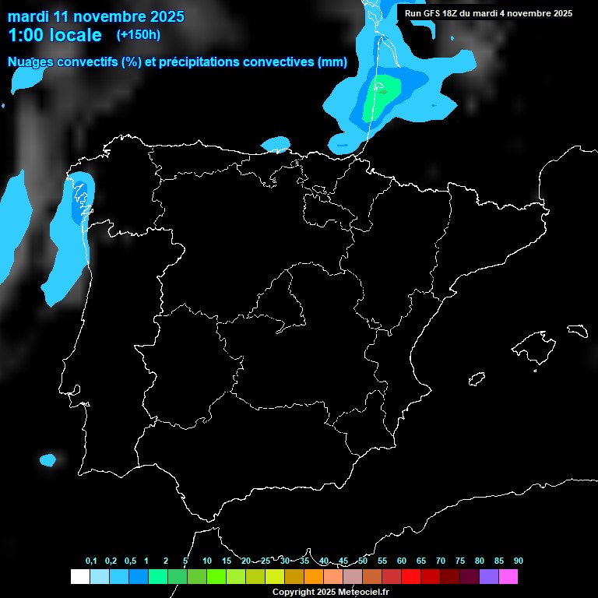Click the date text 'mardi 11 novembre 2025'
pyautogui.click(x=96, y=16)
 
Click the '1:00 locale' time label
pyautogui.click(x=55, y=35)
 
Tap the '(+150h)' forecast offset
pyautogui.click(x=138, y=35)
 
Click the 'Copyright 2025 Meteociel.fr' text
pyautogui.click(x=330, y=592)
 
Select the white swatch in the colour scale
pyautogui.click(x=79, y=577)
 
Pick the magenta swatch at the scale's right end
pyautogui.click(x=508, y=577)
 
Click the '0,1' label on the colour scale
pyautogui.click(x=91, y=561)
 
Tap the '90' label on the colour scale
pyautogui.click(x=519, y=561)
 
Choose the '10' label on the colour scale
pyautogui.click(x=207, y=561)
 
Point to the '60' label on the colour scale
pyautogui.click(x=402, y=561)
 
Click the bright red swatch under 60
pyautogui.click(x=411, y=577)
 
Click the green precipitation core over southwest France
pyautogui.click(x=382, y=95)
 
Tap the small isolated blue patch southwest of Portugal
pyautogui.click(x=48, y=460)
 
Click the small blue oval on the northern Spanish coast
pyautogui.click(x=275, y=144)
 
